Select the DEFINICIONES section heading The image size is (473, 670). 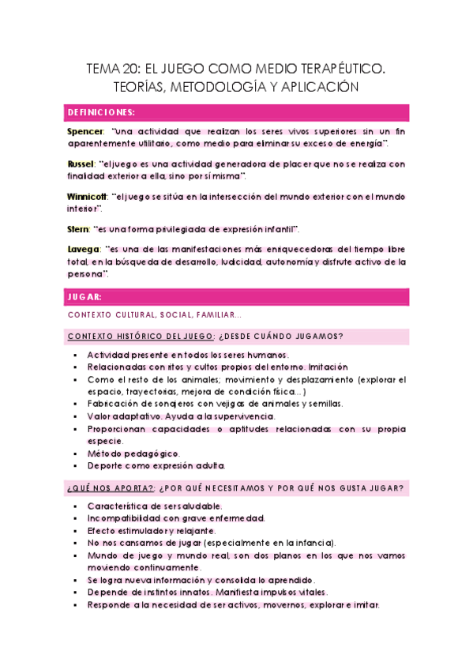point(101,112)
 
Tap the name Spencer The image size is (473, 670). point(85,130)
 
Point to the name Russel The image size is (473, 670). point(83,164)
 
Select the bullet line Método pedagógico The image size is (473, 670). point(133,454)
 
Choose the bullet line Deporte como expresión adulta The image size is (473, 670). point(156,465)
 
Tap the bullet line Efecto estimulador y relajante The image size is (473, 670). point(152,530)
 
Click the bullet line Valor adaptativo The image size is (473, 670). point(181,416)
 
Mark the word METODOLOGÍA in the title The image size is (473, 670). point(220,87)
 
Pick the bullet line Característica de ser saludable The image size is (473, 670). point(155,506)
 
